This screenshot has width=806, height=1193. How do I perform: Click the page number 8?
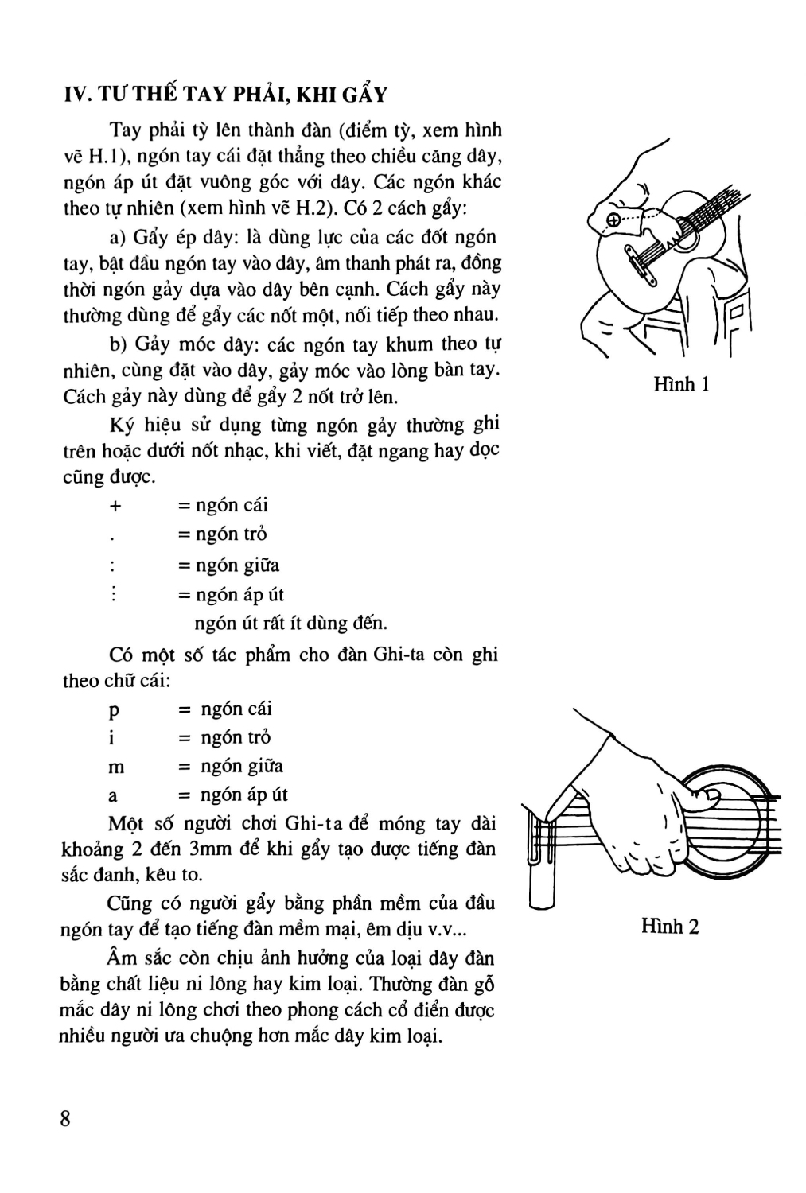click(x=66, y=1117)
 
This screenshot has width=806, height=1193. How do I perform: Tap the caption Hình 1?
click(x=680, y=385)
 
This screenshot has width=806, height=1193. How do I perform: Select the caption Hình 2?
click(x=670, y=927)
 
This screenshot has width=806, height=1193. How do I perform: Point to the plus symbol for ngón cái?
click(x=114, y=506)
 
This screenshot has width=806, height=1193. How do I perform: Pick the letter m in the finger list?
click(x=116, y=767)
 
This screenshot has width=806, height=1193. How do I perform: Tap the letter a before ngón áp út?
click(x=113, y=795)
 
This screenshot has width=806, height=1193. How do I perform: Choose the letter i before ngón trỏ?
click(x=111, y=738)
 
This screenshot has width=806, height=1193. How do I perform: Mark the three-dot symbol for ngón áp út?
click(x=114, y=594)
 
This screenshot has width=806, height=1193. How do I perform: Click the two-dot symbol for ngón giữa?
click(x=113, y=566)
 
